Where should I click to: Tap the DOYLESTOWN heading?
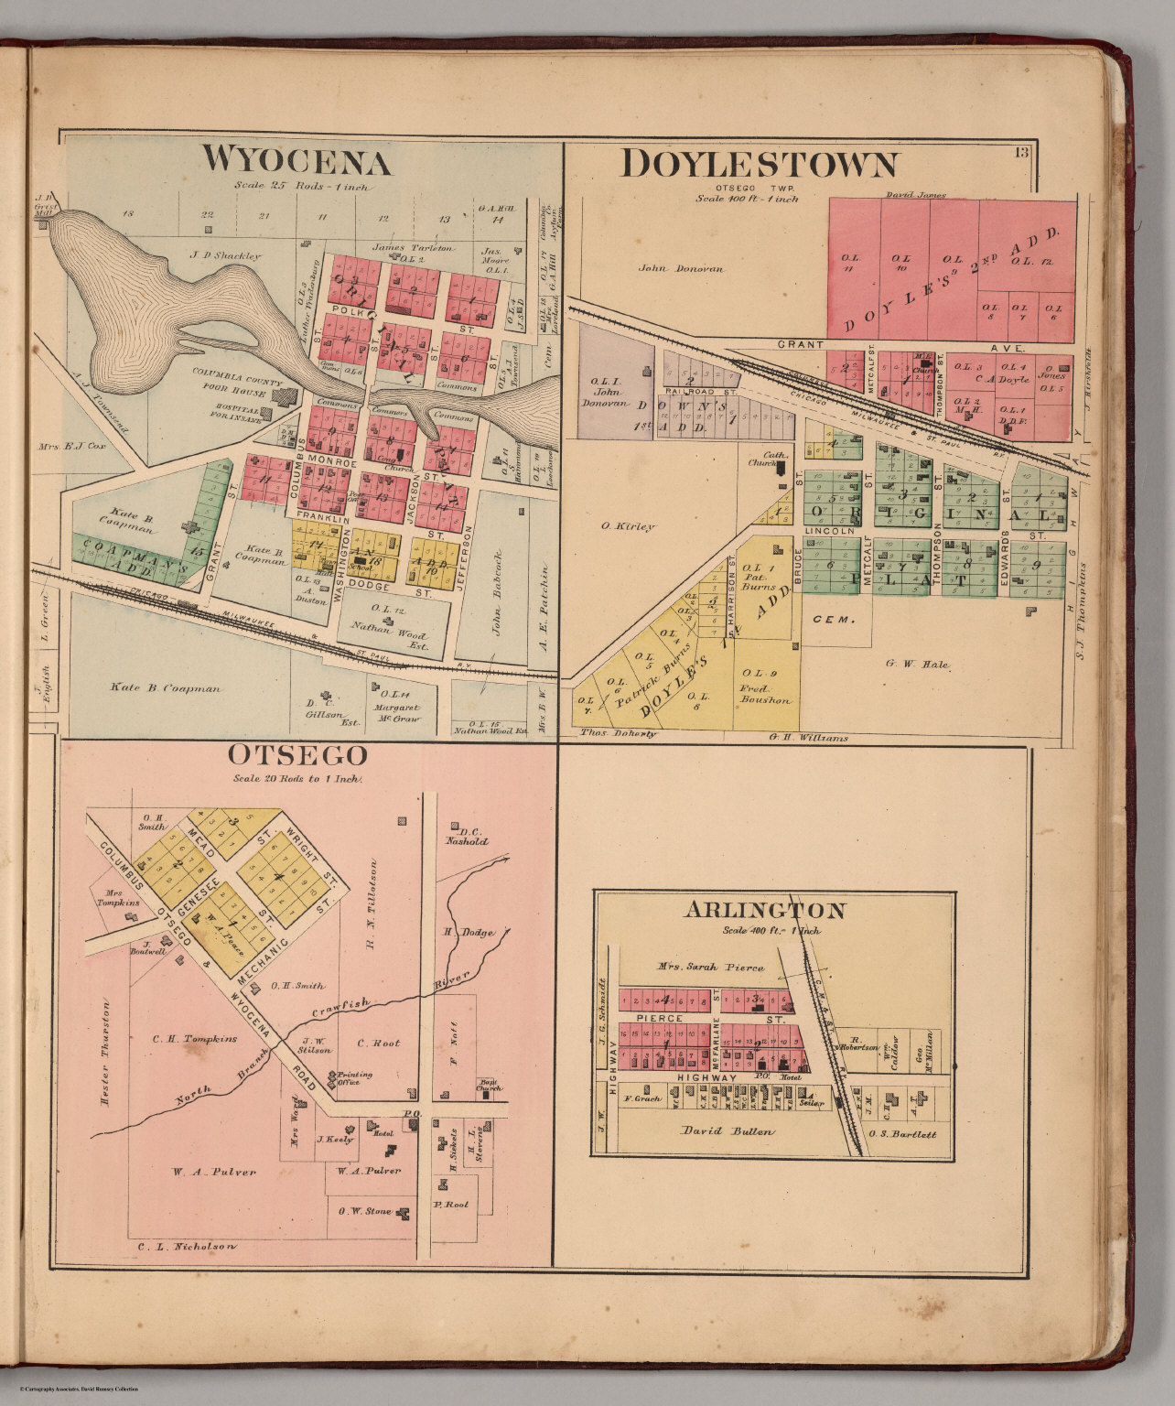[759, 165]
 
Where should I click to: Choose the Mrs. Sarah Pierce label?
[709, 967]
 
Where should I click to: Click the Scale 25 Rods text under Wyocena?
[300, 187]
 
